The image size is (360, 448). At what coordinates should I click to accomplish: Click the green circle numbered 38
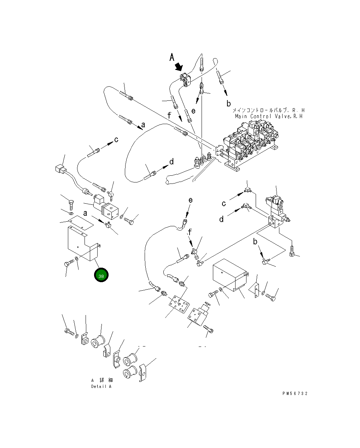(101, 275)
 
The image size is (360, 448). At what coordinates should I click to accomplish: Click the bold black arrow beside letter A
(179, 66)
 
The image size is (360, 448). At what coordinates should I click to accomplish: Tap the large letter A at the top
(172, 57)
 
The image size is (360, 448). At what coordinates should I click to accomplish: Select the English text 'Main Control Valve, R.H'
(269, 116)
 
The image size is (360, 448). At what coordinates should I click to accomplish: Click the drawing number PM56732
(295, 394)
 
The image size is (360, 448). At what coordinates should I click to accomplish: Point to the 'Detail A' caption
(101, 386)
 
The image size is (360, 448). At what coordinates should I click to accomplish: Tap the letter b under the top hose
(228, 104)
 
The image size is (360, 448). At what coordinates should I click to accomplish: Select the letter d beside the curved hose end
(172, 162)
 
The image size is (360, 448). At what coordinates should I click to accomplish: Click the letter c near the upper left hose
(116, 140)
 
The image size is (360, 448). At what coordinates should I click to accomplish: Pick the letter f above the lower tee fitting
(190, 232)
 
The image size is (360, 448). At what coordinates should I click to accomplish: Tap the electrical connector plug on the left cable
(60, 170)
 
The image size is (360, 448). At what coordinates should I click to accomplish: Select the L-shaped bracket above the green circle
(83, 244)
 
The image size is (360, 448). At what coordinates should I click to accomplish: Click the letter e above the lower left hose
(190, 200)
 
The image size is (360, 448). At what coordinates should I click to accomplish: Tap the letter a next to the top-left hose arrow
(143, 124)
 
